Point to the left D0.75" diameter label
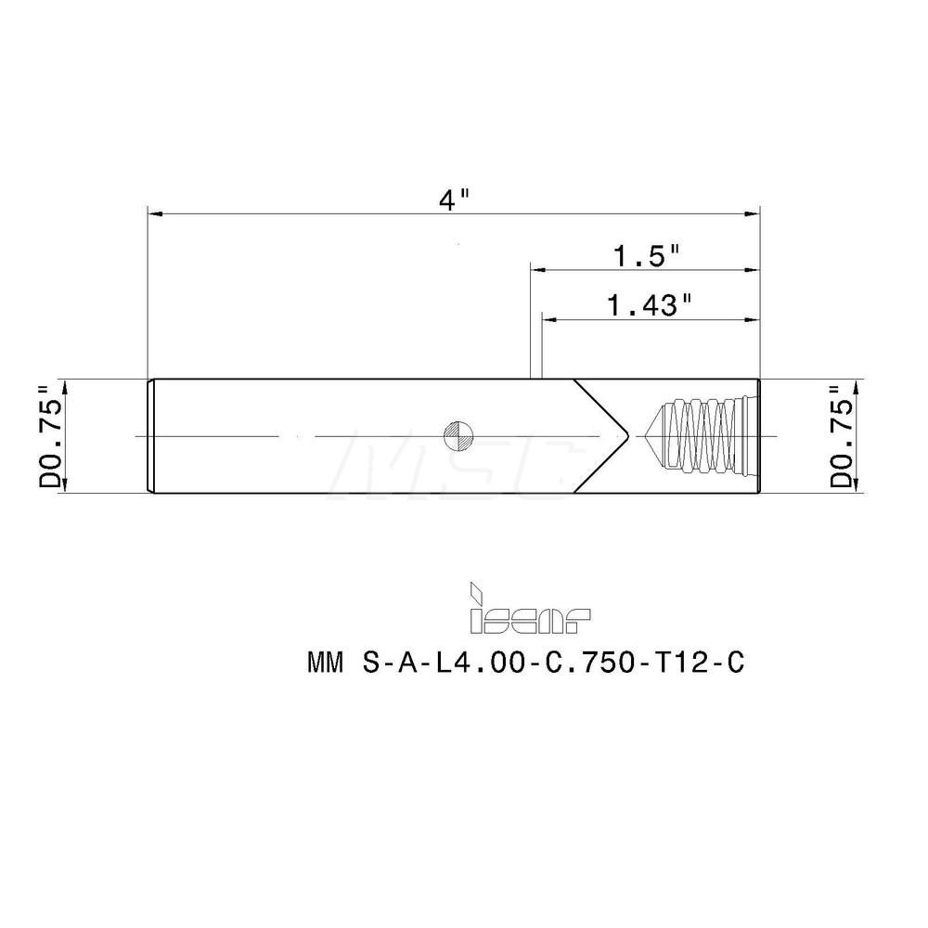point(52,436)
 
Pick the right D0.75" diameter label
point(840,436)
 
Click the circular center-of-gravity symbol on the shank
point(459,435)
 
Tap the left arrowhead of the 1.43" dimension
point(548,318)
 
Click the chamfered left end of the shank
point(150,435)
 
